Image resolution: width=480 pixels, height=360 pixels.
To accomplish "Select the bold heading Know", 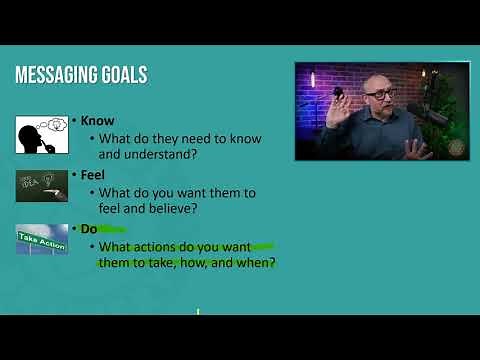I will pyautogui.click(x=97, y=121).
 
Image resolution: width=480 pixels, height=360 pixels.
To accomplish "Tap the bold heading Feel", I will pyautogui.click(x=94, y=174).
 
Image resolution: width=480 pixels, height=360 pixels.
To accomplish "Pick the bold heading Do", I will pyautogui.click(x=89, y=229).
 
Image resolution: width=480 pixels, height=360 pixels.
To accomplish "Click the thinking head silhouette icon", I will pyautogui.click(x=41, y=135).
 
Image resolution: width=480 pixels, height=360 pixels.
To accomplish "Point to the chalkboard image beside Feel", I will pyautogui.click(x=41, y=184).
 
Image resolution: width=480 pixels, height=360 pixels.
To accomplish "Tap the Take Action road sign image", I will pyautogui.click(x=41, y=239).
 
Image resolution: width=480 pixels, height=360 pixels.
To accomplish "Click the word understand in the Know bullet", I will pyautogui.click(x=160, y=155).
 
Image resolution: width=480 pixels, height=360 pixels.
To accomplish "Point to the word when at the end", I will pyautogui.click(x=256, y=263).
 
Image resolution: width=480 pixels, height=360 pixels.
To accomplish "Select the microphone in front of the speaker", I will pyautogui.click(x=434, y=116).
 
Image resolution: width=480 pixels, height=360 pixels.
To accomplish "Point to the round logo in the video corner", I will pyautogui.click(x=457, y=148).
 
